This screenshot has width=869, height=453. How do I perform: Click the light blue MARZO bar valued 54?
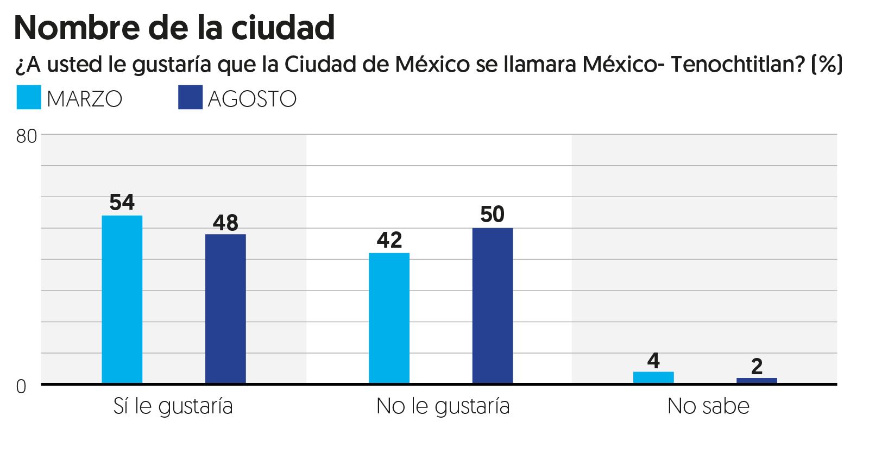coord(122,299)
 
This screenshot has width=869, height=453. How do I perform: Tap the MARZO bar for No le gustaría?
coord(389,318)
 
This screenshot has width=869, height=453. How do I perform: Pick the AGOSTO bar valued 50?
coord(493,306)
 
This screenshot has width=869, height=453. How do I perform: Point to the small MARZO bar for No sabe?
coord(654,377)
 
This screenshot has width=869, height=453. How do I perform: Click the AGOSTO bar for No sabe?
coord(757,381)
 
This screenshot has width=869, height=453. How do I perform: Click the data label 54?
coord(122,203)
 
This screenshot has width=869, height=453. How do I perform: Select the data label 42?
coord(389,240)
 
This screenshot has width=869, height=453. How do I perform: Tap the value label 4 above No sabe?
coord(654,360)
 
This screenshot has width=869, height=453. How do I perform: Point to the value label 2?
coord(757,367)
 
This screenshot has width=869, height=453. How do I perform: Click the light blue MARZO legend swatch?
coord(28,98)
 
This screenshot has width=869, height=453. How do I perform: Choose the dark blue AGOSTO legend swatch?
coord(190,98)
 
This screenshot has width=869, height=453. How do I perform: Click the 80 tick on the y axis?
coord(26,136)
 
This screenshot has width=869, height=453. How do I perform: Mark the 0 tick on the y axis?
coord(21,387)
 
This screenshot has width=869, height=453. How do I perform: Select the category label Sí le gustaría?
coord(173,406)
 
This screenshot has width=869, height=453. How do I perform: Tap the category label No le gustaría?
coord(443,406)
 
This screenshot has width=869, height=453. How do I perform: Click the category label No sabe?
coord(708,406)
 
